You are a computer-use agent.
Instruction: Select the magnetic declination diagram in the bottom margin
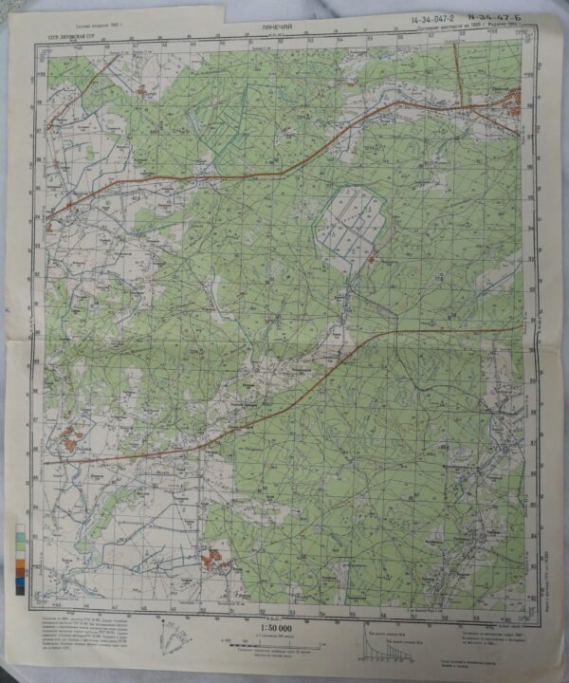coord(180,635)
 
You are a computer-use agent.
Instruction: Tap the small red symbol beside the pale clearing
coord(373,255)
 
